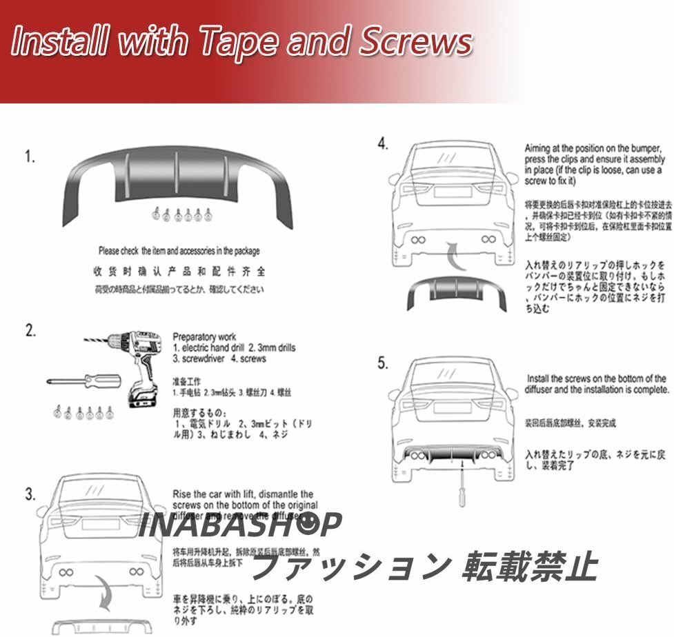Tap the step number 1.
pyautogui.click(x=30, y=157)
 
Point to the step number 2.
pyautogui.click(x=30, y=330)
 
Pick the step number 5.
pyautogui.click(x=384, y=363)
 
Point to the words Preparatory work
pyautogui.click(x=204, y=337)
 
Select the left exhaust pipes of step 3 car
pyautogui.click(x=68, y=572)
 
